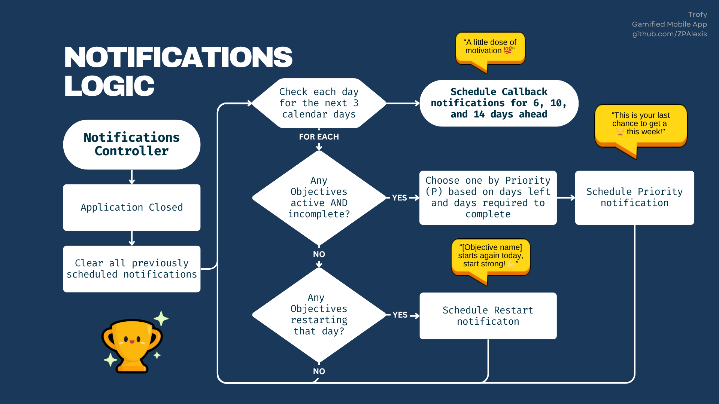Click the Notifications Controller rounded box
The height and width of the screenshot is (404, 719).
(132, 144)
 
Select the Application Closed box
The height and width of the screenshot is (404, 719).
(132, 207)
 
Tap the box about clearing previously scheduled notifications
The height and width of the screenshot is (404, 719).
(132, 269)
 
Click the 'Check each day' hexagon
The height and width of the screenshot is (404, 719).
(319, 103)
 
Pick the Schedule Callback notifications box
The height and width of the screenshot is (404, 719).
(499, 103)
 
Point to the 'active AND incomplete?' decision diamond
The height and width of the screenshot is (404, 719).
(319, 198)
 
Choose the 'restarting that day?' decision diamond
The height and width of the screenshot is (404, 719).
(319, 315)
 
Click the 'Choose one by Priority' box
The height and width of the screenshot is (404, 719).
(488, 198)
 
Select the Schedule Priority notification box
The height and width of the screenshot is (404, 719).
(634, 198)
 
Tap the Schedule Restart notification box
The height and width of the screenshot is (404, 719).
(488, 316)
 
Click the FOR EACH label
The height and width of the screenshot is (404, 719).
(319, 137)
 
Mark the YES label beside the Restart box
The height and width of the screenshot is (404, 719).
(400, 315)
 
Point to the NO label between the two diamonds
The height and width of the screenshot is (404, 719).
(319, 254)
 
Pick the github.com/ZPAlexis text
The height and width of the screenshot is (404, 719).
(670, 34)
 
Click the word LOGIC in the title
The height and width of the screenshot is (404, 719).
(109, 86)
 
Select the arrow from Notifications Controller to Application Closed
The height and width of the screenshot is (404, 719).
(132, 177)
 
